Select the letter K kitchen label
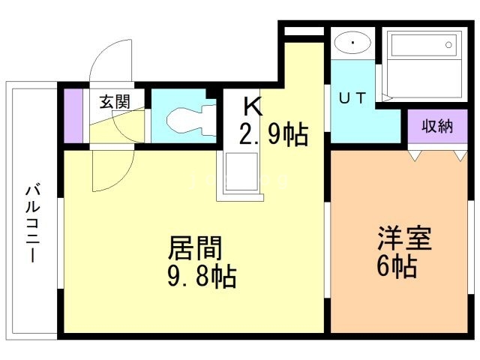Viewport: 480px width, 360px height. [x=252, y=106]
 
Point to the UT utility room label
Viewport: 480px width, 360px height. [x=355, y=99]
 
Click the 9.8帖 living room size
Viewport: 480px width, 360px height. [x=201, y=277]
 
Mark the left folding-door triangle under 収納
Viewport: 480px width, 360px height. [x=414, y=155]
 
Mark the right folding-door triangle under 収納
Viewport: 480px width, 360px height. [x=459, y=155]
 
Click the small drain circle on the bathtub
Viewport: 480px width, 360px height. [x=449, y=46]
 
